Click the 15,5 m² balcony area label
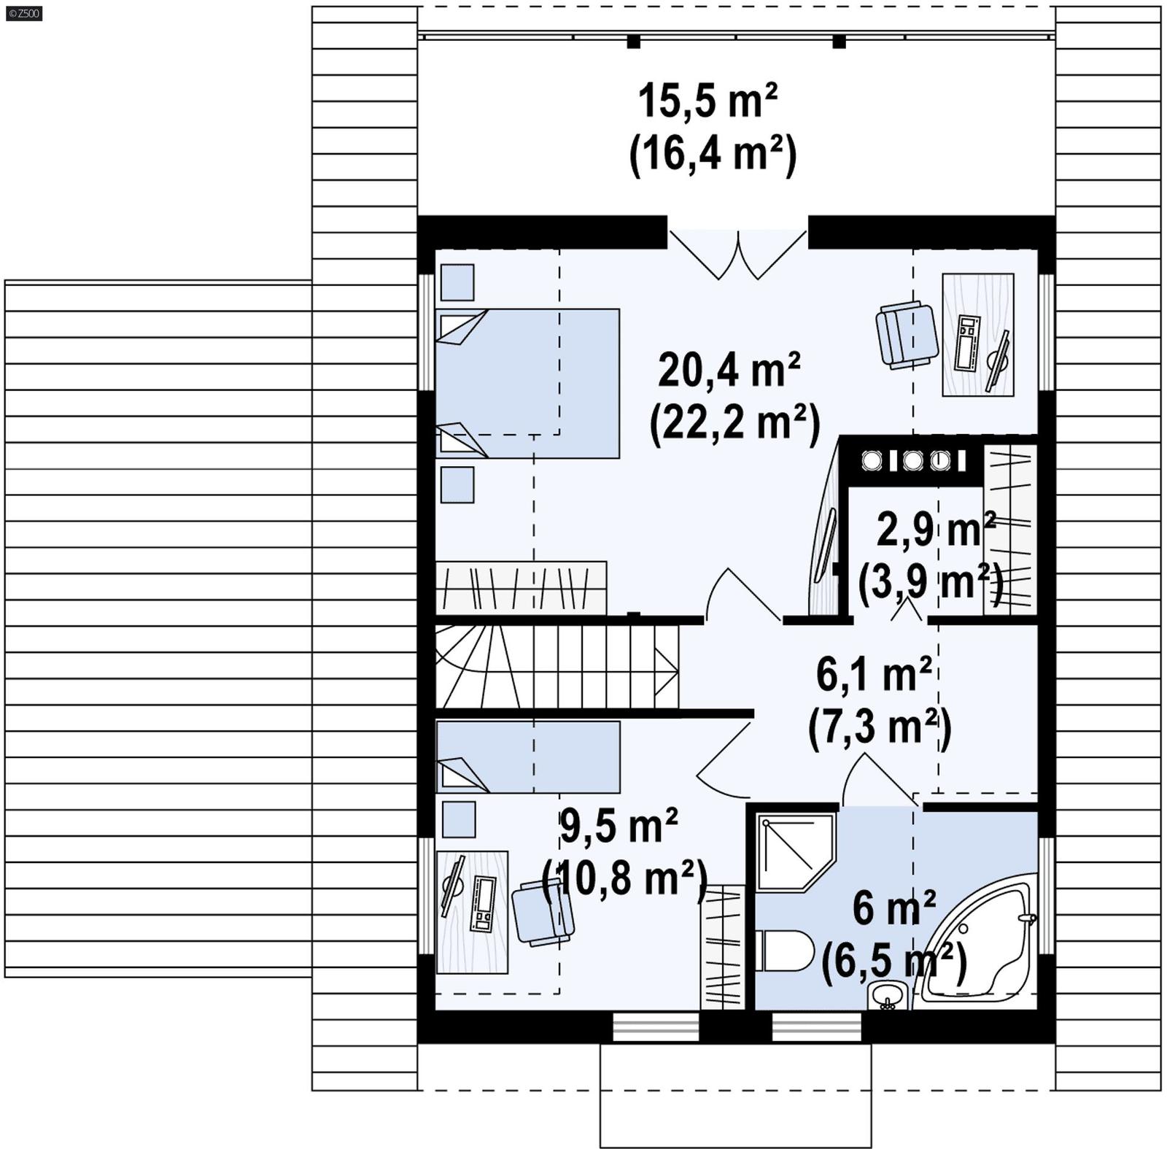[707, 101]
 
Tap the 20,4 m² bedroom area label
[729, 370]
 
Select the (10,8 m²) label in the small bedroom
[625, 878]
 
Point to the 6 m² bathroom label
[893, 909]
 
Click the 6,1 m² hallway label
[874, 674]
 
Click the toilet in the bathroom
[786, 951]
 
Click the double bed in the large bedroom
[527, 383]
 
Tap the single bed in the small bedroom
[527, 757]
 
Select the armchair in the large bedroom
[907, 334]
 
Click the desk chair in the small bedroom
[541, 913]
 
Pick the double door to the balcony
[738, 253]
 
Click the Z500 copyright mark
[23, 13]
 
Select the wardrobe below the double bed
[521, 587]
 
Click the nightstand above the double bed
[457, 282]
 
